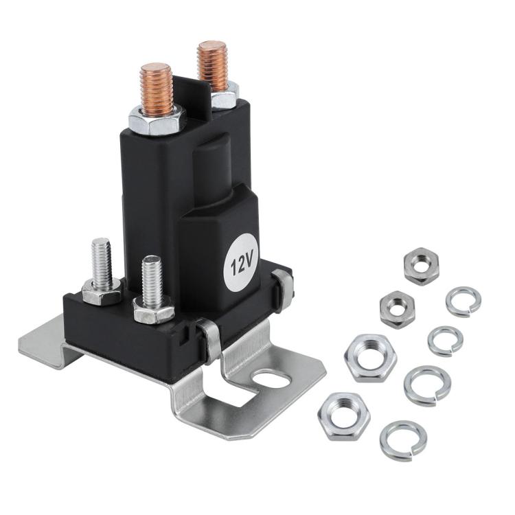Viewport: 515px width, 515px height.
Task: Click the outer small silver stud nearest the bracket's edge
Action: [x=101, y=258]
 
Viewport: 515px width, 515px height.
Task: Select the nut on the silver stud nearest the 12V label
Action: [x=153, y=312]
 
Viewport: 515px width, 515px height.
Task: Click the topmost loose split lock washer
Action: [x=463, y=301]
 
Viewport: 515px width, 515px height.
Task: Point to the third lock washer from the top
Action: [x=426, y=385]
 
